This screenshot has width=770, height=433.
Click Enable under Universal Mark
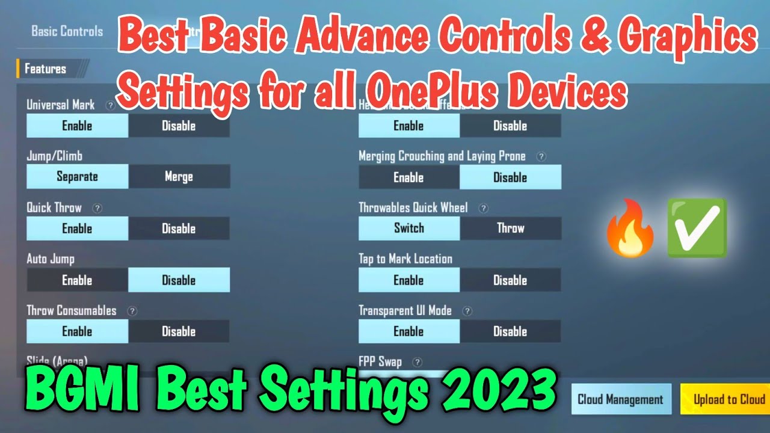tap(77, 126)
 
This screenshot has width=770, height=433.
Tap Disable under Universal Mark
tap(179, 126)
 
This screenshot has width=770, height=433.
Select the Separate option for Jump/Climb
tap(77, 177)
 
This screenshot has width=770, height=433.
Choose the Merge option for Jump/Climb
tap(179, 177)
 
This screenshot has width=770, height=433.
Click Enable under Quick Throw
tap(77, 229)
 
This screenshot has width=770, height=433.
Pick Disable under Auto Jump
tap(179, 280)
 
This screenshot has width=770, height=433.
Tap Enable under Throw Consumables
tap(77, 331)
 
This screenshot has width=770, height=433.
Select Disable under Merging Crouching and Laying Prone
tap(510, 177)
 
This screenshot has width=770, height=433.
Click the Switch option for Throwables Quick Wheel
tap(409, 229)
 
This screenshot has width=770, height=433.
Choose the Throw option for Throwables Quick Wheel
tap(510, 229)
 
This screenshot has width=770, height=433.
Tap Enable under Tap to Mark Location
tap(409, 280)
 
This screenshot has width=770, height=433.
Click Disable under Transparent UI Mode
tap(510, 331)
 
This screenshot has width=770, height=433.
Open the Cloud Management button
tap(620, 399)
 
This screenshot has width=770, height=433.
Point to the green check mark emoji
tap(698, 229)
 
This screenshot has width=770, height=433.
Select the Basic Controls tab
tap(67, 31)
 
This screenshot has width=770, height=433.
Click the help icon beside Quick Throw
tap(97, 208)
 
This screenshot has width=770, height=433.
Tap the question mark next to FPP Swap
tap(416, 362)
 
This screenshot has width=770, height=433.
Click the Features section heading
tap(45, 69)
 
